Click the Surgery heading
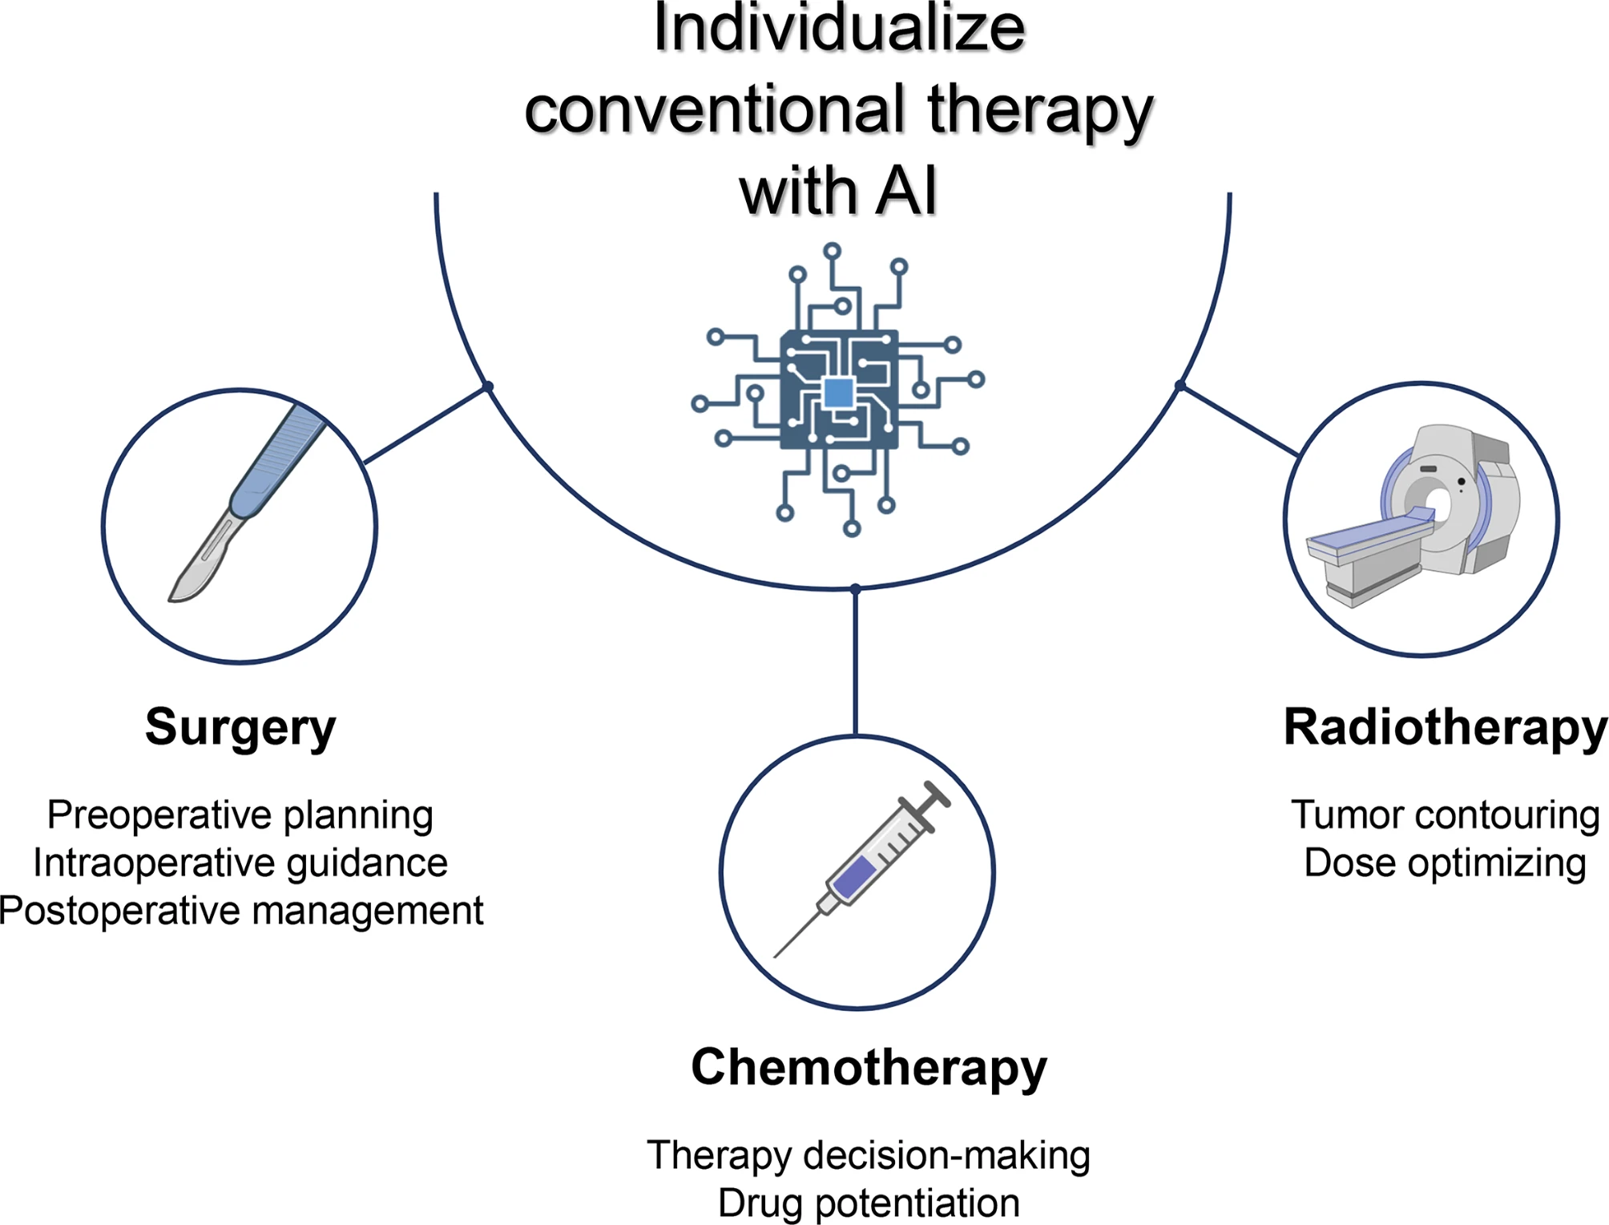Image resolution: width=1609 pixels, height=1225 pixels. tap(240, 727)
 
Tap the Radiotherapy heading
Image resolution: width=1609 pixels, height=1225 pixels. tap(1445, 727)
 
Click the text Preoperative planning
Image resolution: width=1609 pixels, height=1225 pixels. tap(240, 815)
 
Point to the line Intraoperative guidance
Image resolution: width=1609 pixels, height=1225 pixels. tap(240, 863)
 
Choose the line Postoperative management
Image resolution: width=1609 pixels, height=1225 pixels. tap(240, 911)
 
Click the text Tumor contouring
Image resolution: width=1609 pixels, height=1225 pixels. tap(1445, 815)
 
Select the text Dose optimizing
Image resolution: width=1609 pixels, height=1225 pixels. tap(1445, 863)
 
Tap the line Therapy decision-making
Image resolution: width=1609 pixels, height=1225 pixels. tap(869, 1155)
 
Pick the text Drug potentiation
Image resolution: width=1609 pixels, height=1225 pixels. tap(869, 1203)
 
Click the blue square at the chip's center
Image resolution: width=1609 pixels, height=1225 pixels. tap(838, 393)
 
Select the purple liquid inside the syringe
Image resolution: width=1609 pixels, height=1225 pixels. tap(854, 876)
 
